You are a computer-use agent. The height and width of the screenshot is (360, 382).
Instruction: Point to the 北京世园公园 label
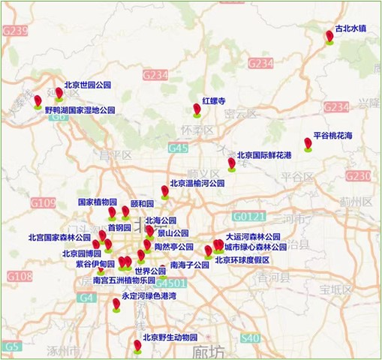point(88,85)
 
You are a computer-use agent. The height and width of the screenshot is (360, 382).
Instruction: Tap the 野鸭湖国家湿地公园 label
point(80,109)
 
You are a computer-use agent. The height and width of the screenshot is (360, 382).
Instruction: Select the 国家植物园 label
point(97,202)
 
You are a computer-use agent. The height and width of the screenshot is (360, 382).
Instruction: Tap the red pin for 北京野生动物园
point(137,345)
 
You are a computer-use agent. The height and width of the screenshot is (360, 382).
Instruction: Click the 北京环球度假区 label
point(242,260)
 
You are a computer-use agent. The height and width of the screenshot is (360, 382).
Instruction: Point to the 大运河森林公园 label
point(253,235)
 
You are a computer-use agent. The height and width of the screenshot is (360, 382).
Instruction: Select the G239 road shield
point(15,31)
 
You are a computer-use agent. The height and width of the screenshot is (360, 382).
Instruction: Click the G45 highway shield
point(178,148)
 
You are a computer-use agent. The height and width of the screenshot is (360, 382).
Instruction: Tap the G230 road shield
point(358,175)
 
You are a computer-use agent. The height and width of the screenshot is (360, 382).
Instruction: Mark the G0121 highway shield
point(245,216)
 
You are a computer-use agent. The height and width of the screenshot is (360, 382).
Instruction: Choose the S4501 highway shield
point(172,283)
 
